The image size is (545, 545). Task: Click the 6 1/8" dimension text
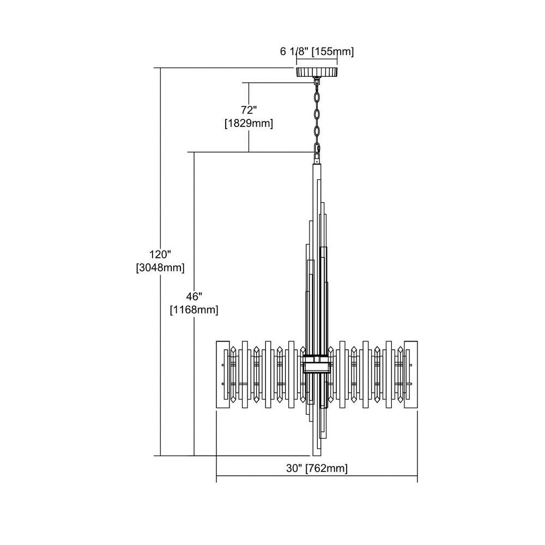click(294, 51)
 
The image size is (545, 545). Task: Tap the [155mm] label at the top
click(332, 51)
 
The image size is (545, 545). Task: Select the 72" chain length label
click(249, 110)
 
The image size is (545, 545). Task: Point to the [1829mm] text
click(249, 123)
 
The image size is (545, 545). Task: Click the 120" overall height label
click(160, 255)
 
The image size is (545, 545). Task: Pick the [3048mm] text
click(160, 268)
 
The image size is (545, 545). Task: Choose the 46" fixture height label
click(194, 296)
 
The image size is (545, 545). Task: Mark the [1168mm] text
click(194, 310)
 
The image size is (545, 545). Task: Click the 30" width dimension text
click(294, 468)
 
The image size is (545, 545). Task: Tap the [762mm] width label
click(326, 468)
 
